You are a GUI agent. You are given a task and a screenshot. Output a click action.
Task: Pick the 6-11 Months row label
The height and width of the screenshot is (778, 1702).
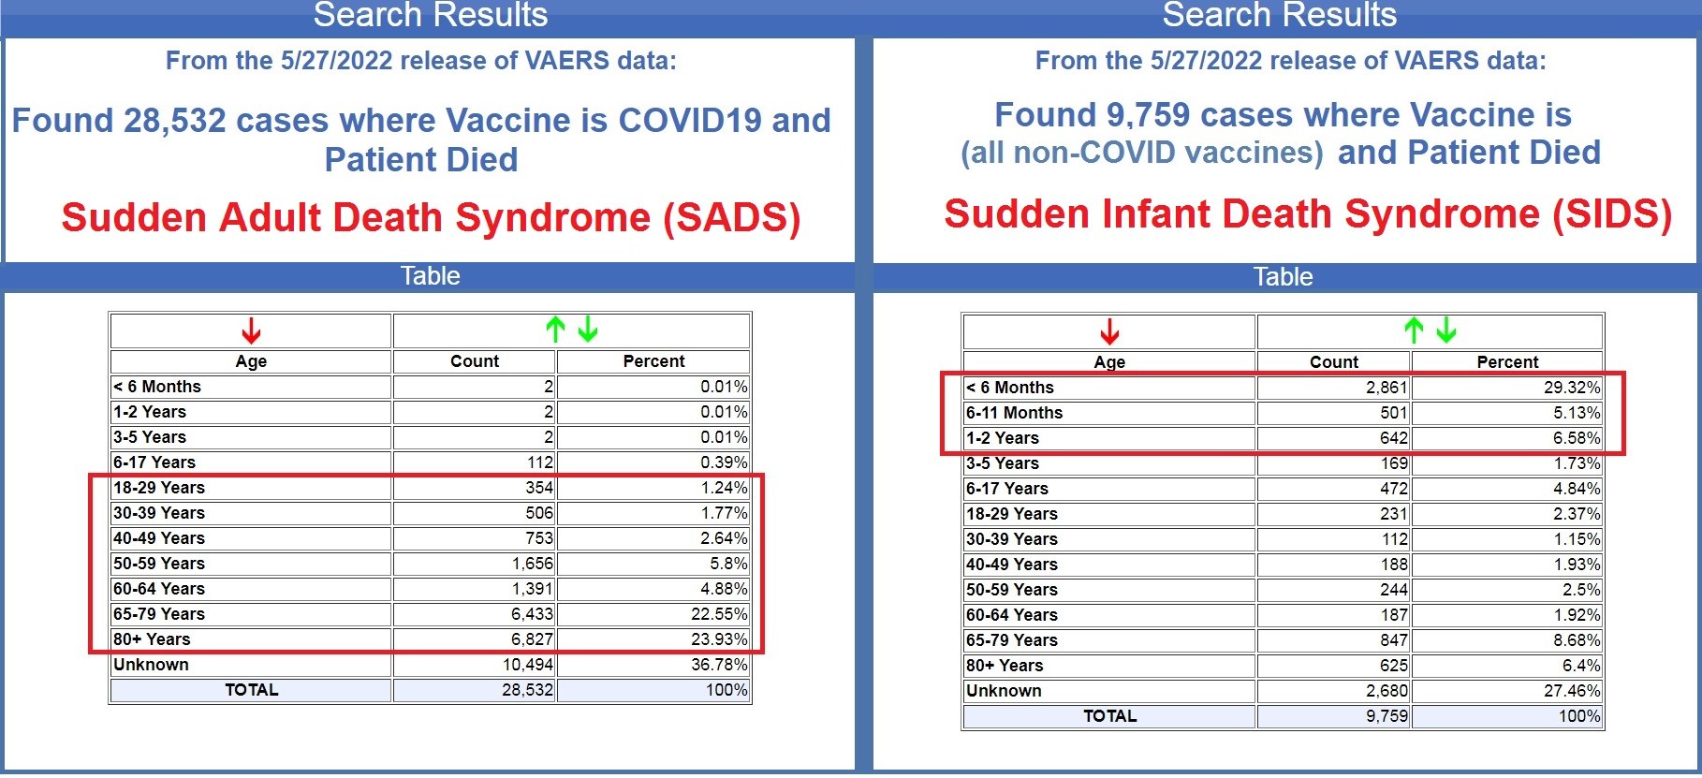pyautogui.click(x=1014, y=413)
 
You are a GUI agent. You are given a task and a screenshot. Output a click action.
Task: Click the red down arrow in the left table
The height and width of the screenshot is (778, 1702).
pyautogui.click(x=251, y=330)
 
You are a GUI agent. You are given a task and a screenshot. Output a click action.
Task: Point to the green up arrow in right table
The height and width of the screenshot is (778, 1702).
pyautogui.click(x=1414, y=330)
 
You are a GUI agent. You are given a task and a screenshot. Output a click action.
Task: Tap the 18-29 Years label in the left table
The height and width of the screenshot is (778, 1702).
pyautogui.click(x=158, y=488)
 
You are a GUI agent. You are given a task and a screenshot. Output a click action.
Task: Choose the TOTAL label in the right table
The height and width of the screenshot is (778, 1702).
pyautogui.click(x=1109, y=716)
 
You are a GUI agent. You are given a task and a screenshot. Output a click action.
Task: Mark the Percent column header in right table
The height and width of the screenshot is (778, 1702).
pyautogui.click(x=1507, y=362)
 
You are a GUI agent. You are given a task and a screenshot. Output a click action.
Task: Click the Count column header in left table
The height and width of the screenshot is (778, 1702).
pyautogui.click(x=475, y=361)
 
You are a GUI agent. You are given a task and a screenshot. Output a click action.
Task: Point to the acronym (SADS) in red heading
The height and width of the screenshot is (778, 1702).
pyautogui.click(x=731, y=218)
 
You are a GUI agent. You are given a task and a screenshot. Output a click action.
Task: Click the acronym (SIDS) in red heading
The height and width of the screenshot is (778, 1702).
pyautogui.click(x=1611, y=214)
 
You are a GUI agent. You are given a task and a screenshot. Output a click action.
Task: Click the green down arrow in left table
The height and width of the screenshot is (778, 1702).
pyautogui.click(x=587, y=329)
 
